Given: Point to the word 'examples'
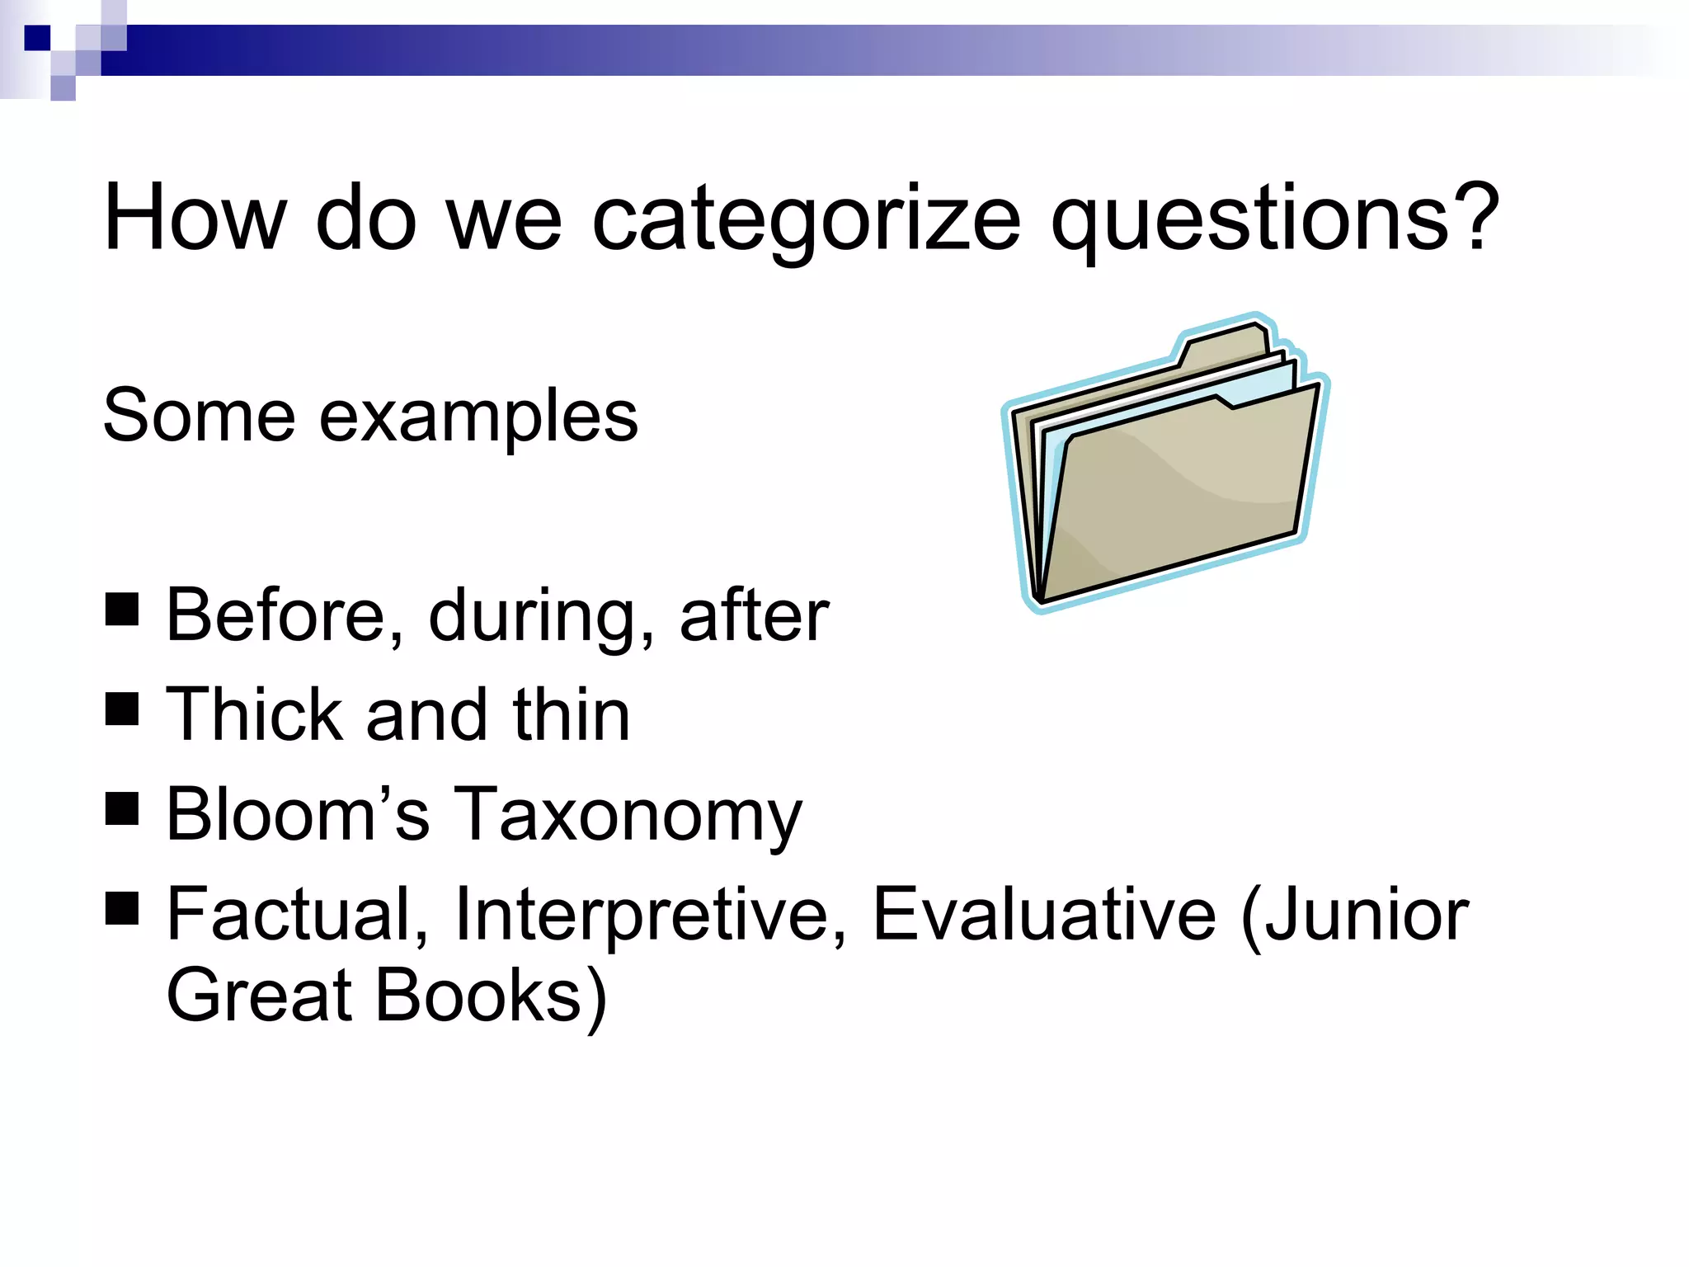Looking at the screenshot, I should [x=478, y=417].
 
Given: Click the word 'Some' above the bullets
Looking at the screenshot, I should [x=199, y=417].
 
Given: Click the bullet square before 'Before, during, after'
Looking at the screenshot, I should [x=122, y=610].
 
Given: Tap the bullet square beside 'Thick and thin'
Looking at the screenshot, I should [x=122, y=709].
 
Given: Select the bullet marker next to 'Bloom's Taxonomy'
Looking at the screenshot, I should [x=122, y=808].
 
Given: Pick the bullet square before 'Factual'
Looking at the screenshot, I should [x=122, y=908].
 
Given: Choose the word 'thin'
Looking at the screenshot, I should [x=572, y=715].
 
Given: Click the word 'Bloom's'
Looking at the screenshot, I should [x=298, y=815].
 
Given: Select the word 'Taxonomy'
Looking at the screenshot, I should [x=628, y=815].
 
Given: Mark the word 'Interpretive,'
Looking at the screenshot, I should [x=651, y=915].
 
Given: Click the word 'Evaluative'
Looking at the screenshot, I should [x=1044, y=915].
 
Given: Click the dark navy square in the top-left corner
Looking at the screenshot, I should [x=37, y=38].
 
